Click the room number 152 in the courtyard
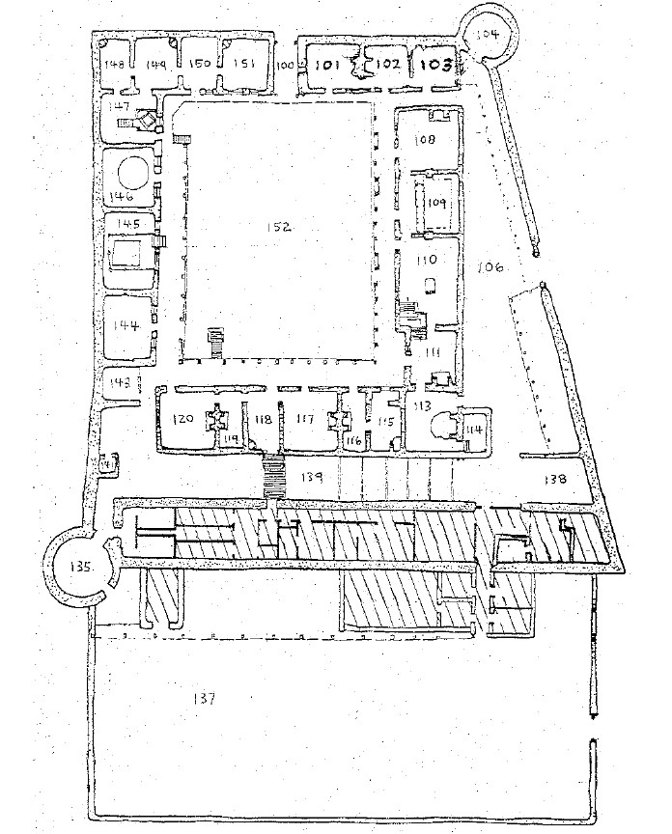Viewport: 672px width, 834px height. (x=279, y=226)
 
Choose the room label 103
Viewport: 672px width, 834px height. (x=432, y=66)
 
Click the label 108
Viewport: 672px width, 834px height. (x=426, y=139)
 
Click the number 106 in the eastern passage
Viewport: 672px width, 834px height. (x=489, y=268)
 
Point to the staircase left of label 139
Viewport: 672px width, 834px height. (x=275, y=477)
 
